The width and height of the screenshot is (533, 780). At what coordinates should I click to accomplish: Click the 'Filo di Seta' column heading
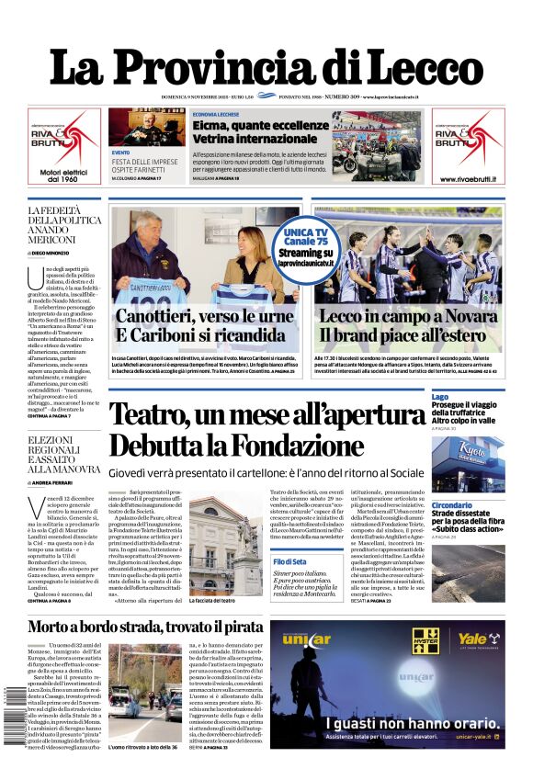(291, 536)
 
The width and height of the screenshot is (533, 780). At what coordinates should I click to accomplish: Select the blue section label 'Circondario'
(452, 505)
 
